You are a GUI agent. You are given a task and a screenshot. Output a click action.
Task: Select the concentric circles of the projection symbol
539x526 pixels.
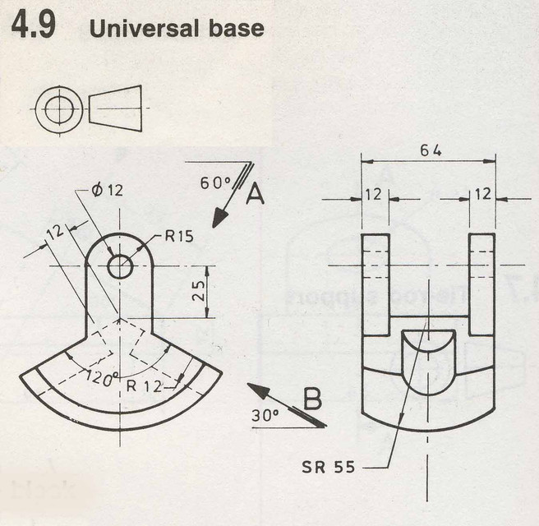tap(58, 108)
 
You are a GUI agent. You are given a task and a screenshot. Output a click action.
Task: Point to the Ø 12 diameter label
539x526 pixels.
tap(104, 190)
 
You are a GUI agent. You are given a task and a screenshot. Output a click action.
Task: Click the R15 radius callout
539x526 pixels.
tap(178, 237)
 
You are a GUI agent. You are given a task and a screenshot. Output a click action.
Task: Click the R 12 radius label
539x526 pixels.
tap(141, 385)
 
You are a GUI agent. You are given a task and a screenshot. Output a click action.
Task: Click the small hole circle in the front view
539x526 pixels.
tap(120, 266)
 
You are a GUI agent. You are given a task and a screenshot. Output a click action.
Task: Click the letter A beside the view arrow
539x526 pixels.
tap(255, 195)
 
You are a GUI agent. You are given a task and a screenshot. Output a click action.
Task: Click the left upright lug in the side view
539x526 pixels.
tap(375, 284)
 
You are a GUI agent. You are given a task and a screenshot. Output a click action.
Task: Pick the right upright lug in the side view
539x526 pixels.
tap(481, 284)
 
